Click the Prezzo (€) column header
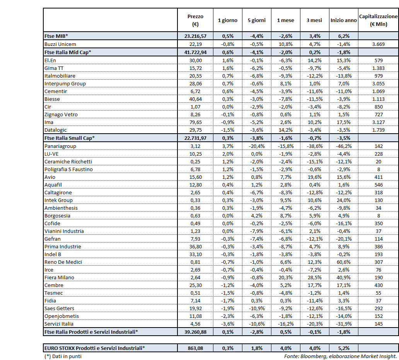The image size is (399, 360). [195, 20]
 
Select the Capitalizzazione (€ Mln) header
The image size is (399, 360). [378, 20]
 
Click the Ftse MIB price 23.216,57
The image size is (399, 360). [195, 36]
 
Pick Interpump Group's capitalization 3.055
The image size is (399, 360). [378, 83]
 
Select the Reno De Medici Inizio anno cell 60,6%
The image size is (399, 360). [343, 262]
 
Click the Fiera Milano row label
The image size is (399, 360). [59, 277]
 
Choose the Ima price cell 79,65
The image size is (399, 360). [195, 122]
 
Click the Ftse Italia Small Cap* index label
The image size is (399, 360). [70, 138]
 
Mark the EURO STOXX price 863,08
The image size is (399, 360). [195, 348]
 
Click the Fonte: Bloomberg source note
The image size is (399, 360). [340, 356]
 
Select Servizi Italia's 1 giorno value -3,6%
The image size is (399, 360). [228, 324]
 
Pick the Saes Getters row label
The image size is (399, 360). [59, 308]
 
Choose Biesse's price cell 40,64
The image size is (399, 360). [195, 99]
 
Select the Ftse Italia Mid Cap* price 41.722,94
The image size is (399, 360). [195, 52]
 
